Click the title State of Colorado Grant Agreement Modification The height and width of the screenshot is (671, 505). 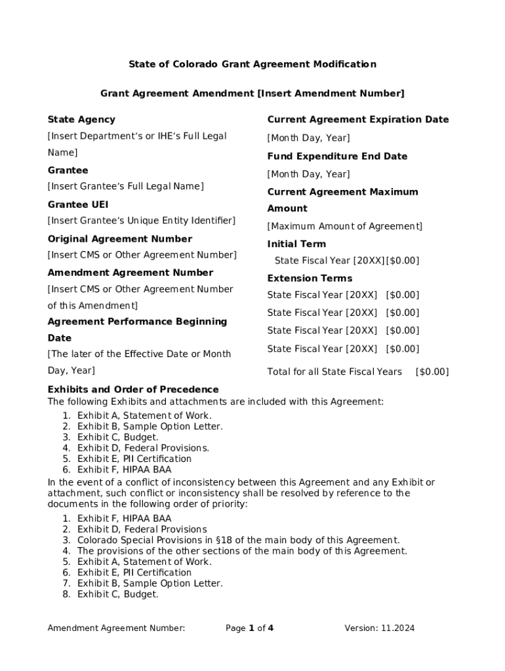252,64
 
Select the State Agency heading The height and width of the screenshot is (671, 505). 81,119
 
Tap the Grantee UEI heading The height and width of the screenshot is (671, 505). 78,204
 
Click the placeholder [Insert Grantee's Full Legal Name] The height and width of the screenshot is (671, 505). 125,187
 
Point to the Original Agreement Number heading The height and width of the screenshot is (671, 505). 120,239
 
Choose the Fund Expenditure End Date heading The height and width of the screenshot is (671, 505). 337,157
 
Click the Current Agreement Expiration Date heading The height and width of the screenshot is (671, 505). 358,119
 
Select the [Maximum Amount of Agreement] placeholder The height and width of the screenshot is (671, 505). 345,227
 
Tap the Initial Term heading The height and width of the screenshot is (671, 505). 296,244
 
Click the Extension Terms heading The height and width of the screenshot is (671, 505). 310,278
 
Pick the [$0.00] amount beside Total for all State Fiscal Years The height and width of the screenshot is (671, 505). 432,372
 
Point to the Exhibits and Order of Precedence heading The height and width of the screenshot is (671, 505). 133,390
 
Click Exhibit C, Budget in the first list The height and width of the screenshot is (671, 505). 118,437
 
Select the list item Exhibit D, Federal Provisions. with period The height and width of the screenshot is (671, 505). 144,448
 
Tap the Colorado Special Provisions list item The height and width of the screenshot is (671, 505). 238,540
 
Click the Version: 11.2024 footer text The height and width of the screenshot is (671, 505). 380,628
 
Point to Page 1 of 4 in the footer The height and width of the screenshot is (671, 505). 250,628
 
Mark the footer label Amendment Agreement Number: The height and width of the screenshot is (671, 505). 116,628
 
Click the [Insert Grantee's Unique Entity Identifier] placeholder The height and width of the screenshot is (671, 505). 141,221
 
